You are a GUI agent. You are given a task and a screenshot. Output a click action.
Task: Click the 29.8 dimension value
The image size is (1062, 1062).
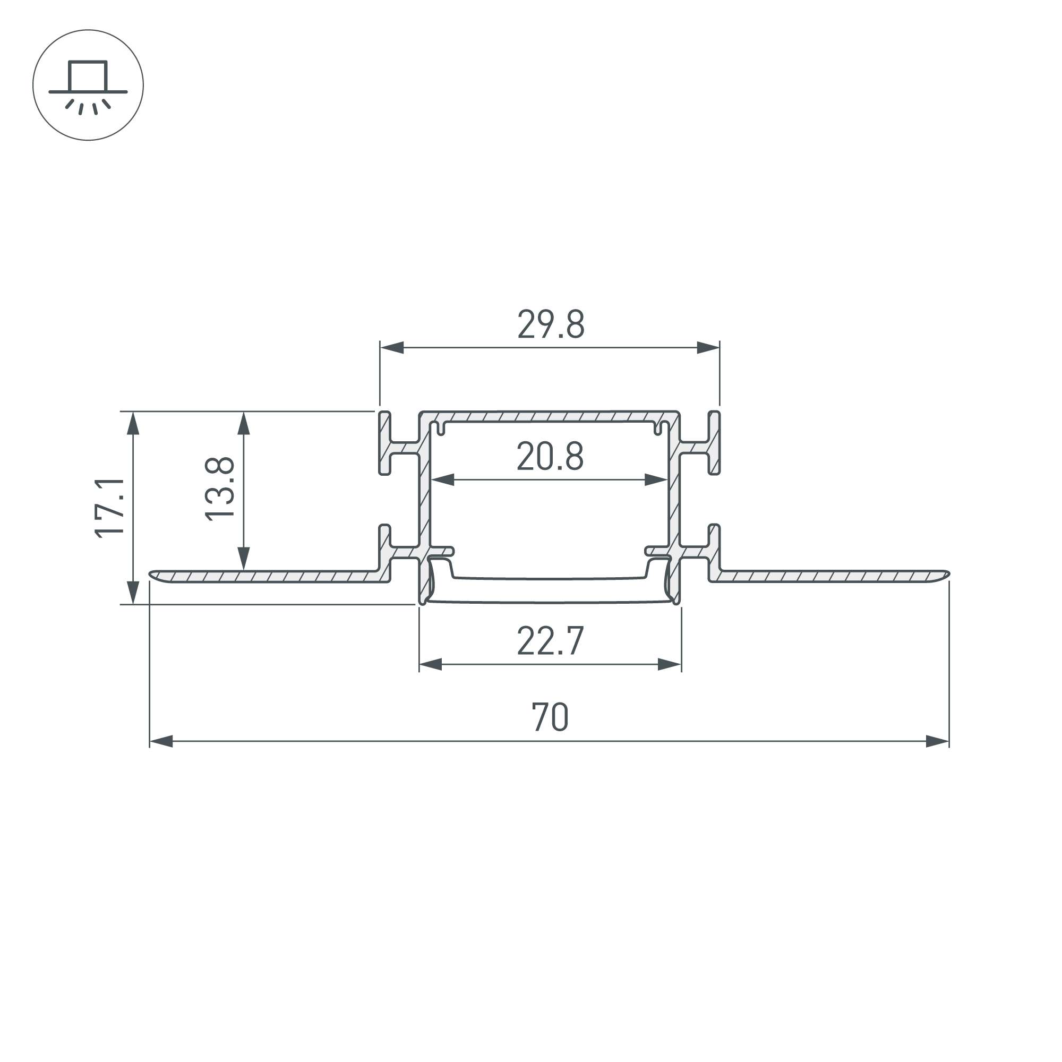[551, 324]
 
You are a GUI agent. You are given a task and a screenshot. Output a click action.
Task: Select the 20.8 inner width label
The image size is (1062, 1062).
[550, 456]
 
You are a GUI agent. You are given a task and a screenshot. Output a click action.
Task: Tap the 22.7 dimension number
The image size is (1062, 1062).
[550, 641]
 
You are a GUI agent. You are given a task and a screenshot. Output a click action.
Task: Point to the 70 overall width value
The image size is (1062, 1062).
[550, 717]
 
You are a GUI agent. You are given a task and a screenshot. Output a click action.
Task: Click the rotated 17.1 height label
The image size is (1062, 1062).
[109, 508]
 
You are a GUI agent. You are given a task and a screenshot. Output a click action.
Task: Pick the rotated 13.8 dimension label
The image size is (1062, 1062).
[219, 489]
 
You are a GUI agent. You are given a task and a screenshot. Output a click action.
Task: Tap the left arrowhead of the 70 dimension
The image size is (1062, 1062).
[161, 741]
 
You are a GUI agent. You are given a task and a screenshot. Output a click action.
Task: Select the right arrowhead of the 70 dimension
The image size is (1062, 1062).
[937, 741]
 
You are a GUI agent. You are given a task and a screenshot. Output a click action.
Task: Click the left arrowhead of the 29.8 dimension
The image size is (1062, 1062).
[392, 347]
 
